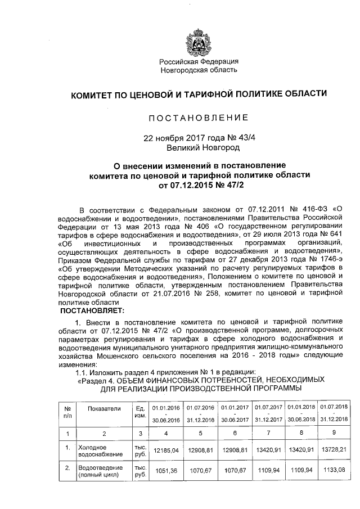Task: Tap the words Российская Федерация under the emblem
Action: [x=198, y=61]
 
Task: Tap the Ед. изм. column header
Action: [x=140, y=412]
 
